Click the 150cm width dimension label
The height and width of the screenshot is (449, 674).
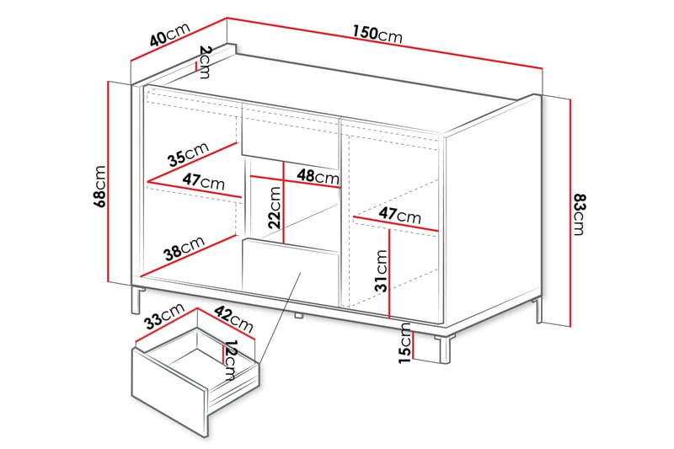tap(377, 34)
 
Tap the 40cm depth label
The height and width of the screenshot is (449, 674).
tap(170, 35)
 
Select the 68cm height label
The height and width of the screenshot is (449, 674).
tap(99, 186)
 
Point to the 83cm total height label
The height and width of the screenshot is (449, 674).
tap(580, 214)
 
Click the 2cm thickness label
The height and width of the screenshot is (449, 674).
tap(205, 61)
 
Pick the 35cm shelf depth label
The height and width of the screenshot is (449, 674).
tap(188, 154)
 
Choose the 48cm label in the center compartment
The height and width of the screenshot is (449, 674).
tap(318, 176)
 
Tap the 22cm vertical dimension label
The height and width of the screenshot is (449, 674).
tap(275, 207)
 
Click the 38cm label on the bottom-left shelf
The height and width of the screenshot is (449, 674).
tap(185, 248)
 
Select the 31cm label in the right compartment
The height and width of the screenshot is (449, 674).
tap(381, 270)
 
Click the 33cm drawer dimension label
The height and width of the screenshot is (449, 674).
tap(163, 316)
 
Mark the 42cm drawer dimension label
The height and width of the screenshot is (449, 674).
tap(234, 319)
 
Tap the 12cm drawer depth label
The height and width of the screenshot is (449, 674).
tap(230, 361)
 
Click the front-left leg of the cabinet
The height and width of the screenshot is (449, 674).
tap(136, 300)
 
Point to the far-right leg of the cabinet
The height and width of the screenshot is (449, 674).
tap(539, 310)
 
